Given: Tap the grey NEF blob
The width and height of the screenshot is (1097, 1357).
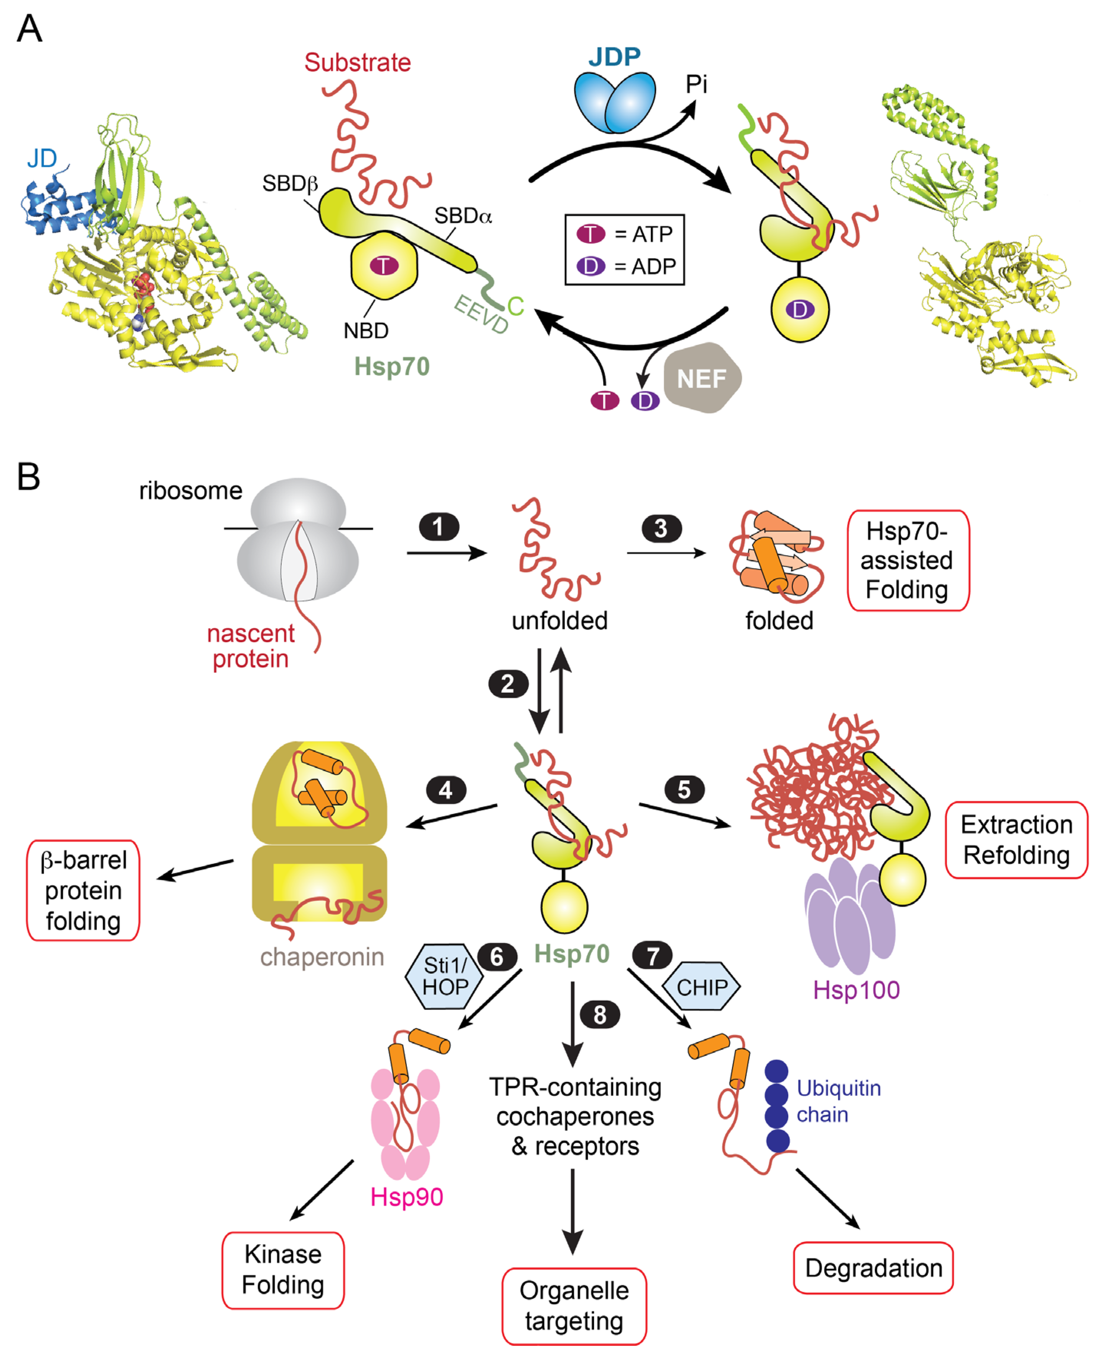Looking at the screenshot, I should (x=701, y=379).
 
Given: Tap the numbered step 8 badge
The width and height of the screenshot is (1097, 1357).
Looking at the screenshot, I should (x=600, y=1015).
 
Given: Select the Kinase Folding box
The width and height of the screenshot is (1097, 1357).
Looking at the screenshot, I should (x=283, y=1270).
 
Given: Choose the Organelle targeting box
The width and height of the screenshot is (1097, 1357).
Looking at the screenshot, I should (x=574, y=1306).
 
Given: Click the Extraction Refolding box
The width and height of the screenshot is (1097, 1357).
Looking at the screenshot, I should (x=1016, y=840).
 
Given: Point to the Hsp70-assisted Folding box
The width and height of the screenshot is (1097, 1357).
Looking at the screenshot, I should (x=907, y=560).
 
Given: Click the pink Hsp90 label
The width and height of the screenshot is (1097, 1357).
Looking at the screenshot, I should (x=406, y=1197).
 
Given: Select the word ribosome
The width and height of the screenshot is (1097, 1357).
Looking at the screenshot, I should (x=190, y=491).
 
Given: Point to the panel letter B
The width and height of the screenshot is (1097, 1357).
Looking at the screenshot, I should (x=28, y=476).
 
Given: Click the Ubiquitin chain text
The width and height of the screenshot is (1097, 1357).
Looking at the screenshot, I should (x=838, y=1101).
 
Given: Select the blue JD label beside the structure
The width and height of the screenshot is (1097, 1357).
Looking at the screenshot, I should (x=42, y=158).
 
